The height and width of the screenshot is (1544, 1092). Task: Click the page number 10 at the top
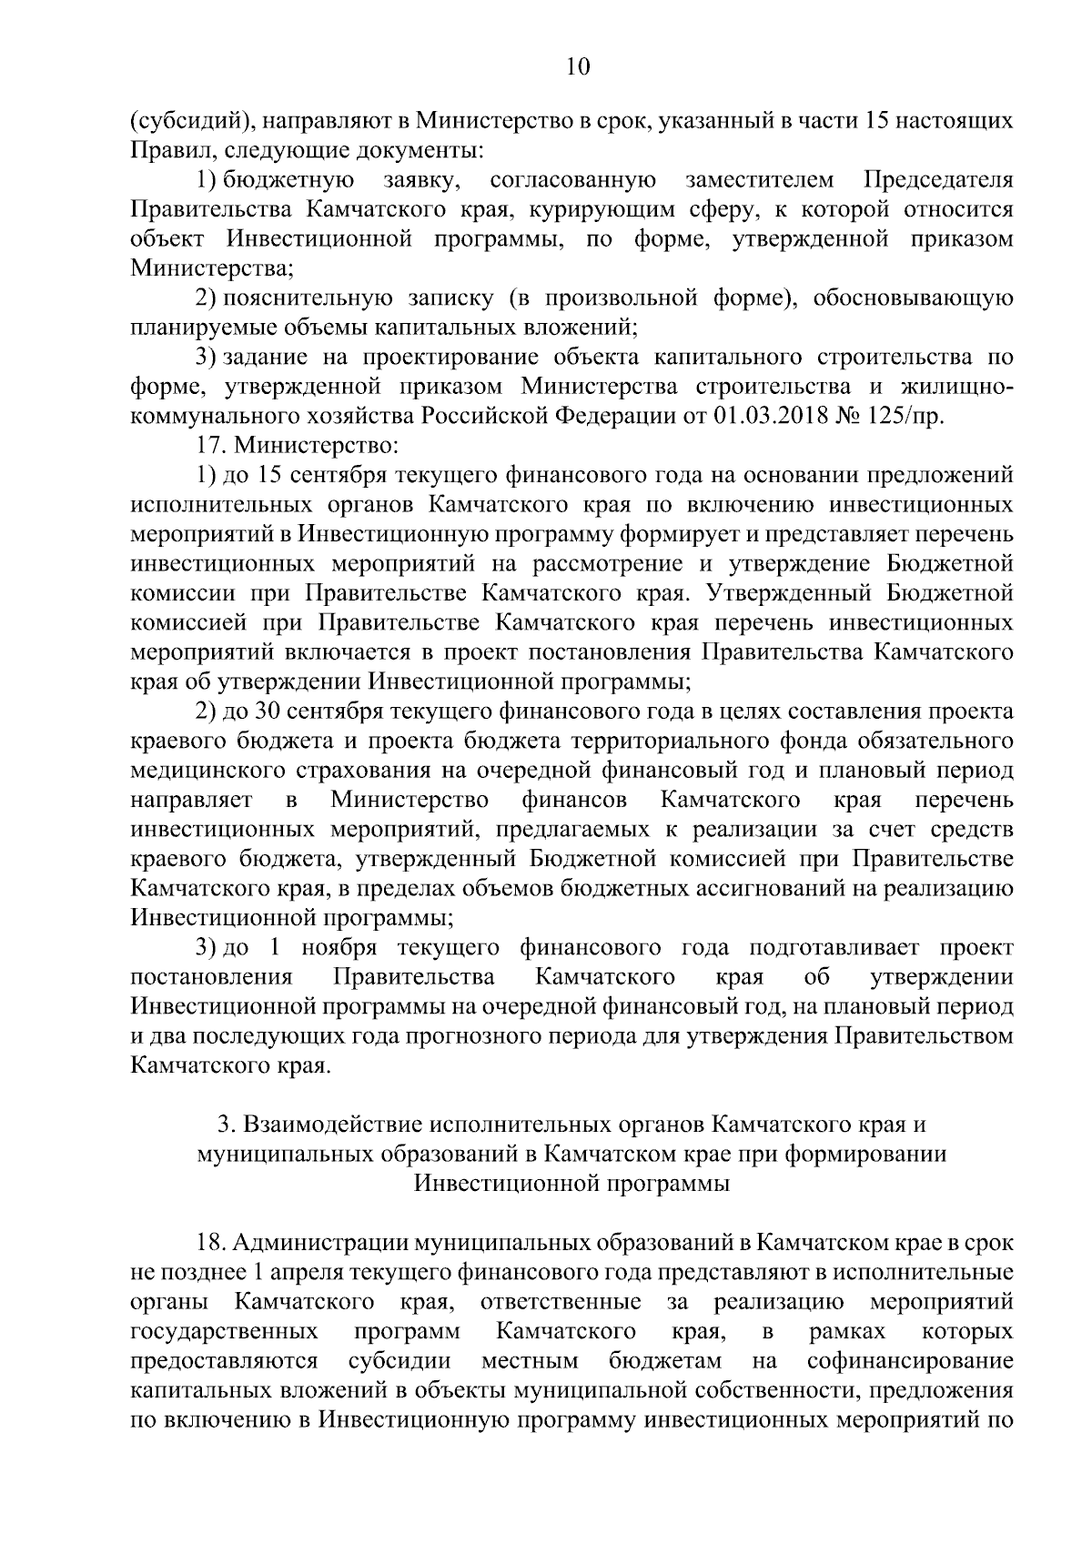[x=578, y=66]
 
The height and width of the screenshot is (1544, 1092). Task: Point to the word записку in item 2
[x=452, y=298]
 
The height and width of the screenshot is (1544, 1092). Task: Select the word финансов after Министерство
[x=574, y=800]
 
